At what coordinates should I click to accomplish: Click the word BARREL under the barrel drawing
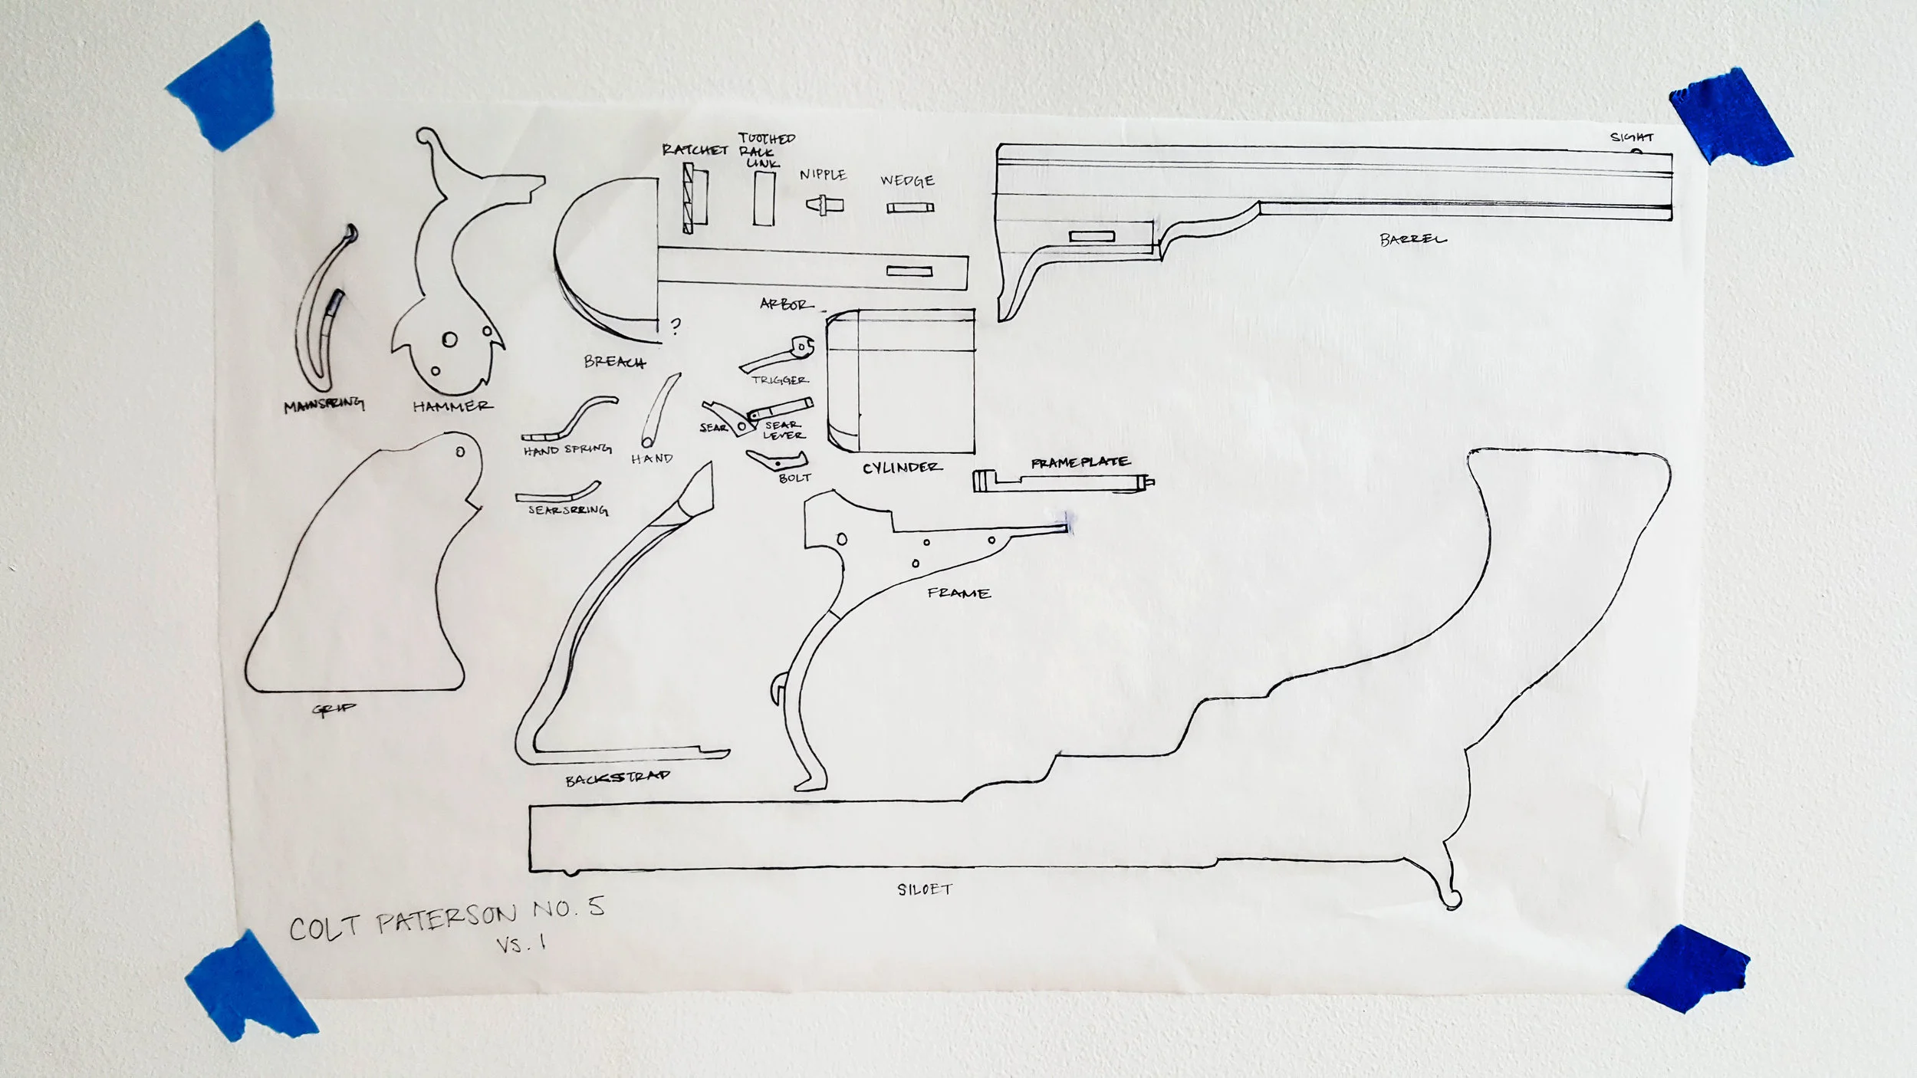(1412, 239)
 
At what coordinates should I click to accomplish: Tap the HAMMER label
(452, 406)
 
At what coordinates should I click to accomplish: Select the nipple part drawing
(824, 204)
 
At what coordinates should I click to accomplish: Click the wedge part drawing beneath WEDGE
(910, 208)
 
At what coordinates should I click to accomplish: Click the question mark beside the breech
(675, 327)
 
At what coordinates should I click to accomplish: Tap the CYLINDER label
(902, 467)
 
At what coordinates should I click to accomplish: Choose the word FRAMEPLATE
(1080, 462)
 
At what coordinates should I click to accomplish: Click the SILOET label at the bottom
(924, 889)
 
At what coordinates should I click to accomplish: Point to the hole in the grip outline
(460, 452)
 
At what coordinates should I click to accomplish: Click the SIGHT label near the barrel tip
(1632, 137)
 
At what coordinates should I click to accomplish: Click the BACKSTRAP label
(617, 778)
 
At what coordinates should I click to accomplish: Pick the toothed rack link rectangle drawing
(764, 198)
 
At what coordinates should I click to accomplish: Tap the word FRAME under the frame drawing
(958, 593)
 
